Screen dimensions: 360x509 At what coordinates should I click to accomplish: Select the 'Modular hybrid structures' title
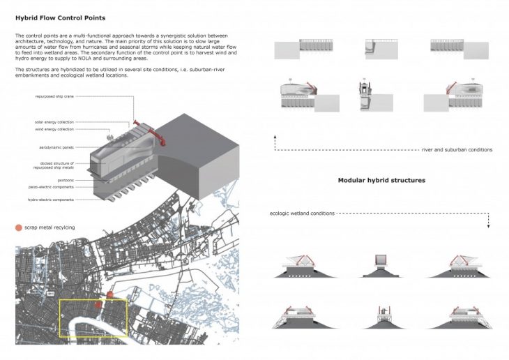[x=381, y=180]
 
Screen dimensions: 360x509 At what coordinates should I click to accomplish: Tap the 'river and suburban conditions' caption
[x=457, y=150]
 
